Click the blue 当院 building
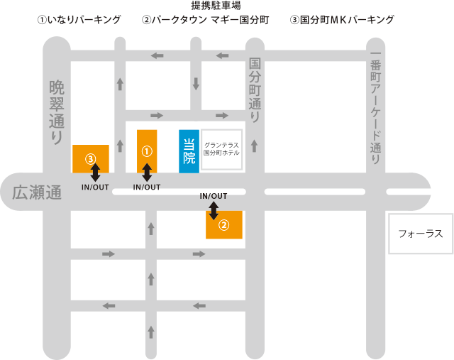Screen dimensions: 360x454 tap(189, 151)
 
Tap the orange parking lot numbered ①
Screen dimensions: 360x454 tap(147, 151)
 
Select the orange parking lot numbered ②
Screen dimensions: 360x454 tap(223, 224)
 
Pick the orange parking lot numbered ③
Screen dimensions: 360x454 tap(91, 158)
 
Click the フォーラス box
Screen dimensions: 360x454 tap(421, 233)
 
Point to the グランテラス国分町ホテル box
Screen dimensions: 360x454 tap(221, 149)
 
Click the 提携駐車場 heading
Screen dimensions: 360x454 tap(216, 6)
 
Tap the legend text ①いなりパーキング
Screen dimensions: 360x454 tap(79, 20)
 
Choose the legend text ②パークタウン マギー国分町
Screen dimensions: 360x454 tap(206, 20)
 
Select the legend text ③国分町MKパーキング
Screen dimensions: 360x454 tap(343, 20)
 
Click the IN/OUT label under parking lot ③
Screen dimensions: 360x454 tap(95, 187)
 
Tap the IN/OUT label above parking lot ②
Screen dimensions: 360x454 tap(214, 196)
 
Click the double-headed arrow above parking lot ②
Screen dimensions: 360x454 tap(214, 209)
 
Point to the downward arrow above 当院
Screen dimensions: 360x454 tap(195, 84)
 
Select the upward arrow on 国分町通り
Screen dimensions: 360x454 tap(255, 146)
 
